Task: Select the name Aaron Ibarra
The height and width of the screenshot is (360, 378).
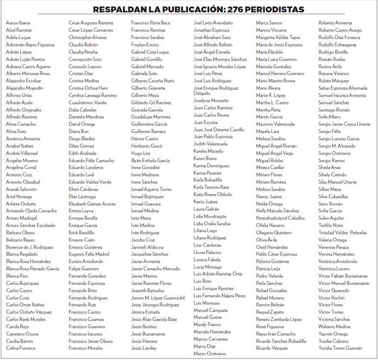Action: click(x=18, y=23)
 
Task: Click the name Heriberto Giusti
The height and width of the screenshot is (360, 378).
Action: click(x=146, y=146)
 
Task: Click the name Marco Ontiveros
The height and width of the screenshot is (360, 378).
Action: click(x=211, y=354)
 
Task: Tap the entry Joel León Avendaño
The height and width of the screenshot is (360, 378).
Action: click(x=213, y=23)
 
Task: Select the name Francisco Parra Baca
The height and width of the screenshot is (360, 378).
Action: click(x=151, y=23)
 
